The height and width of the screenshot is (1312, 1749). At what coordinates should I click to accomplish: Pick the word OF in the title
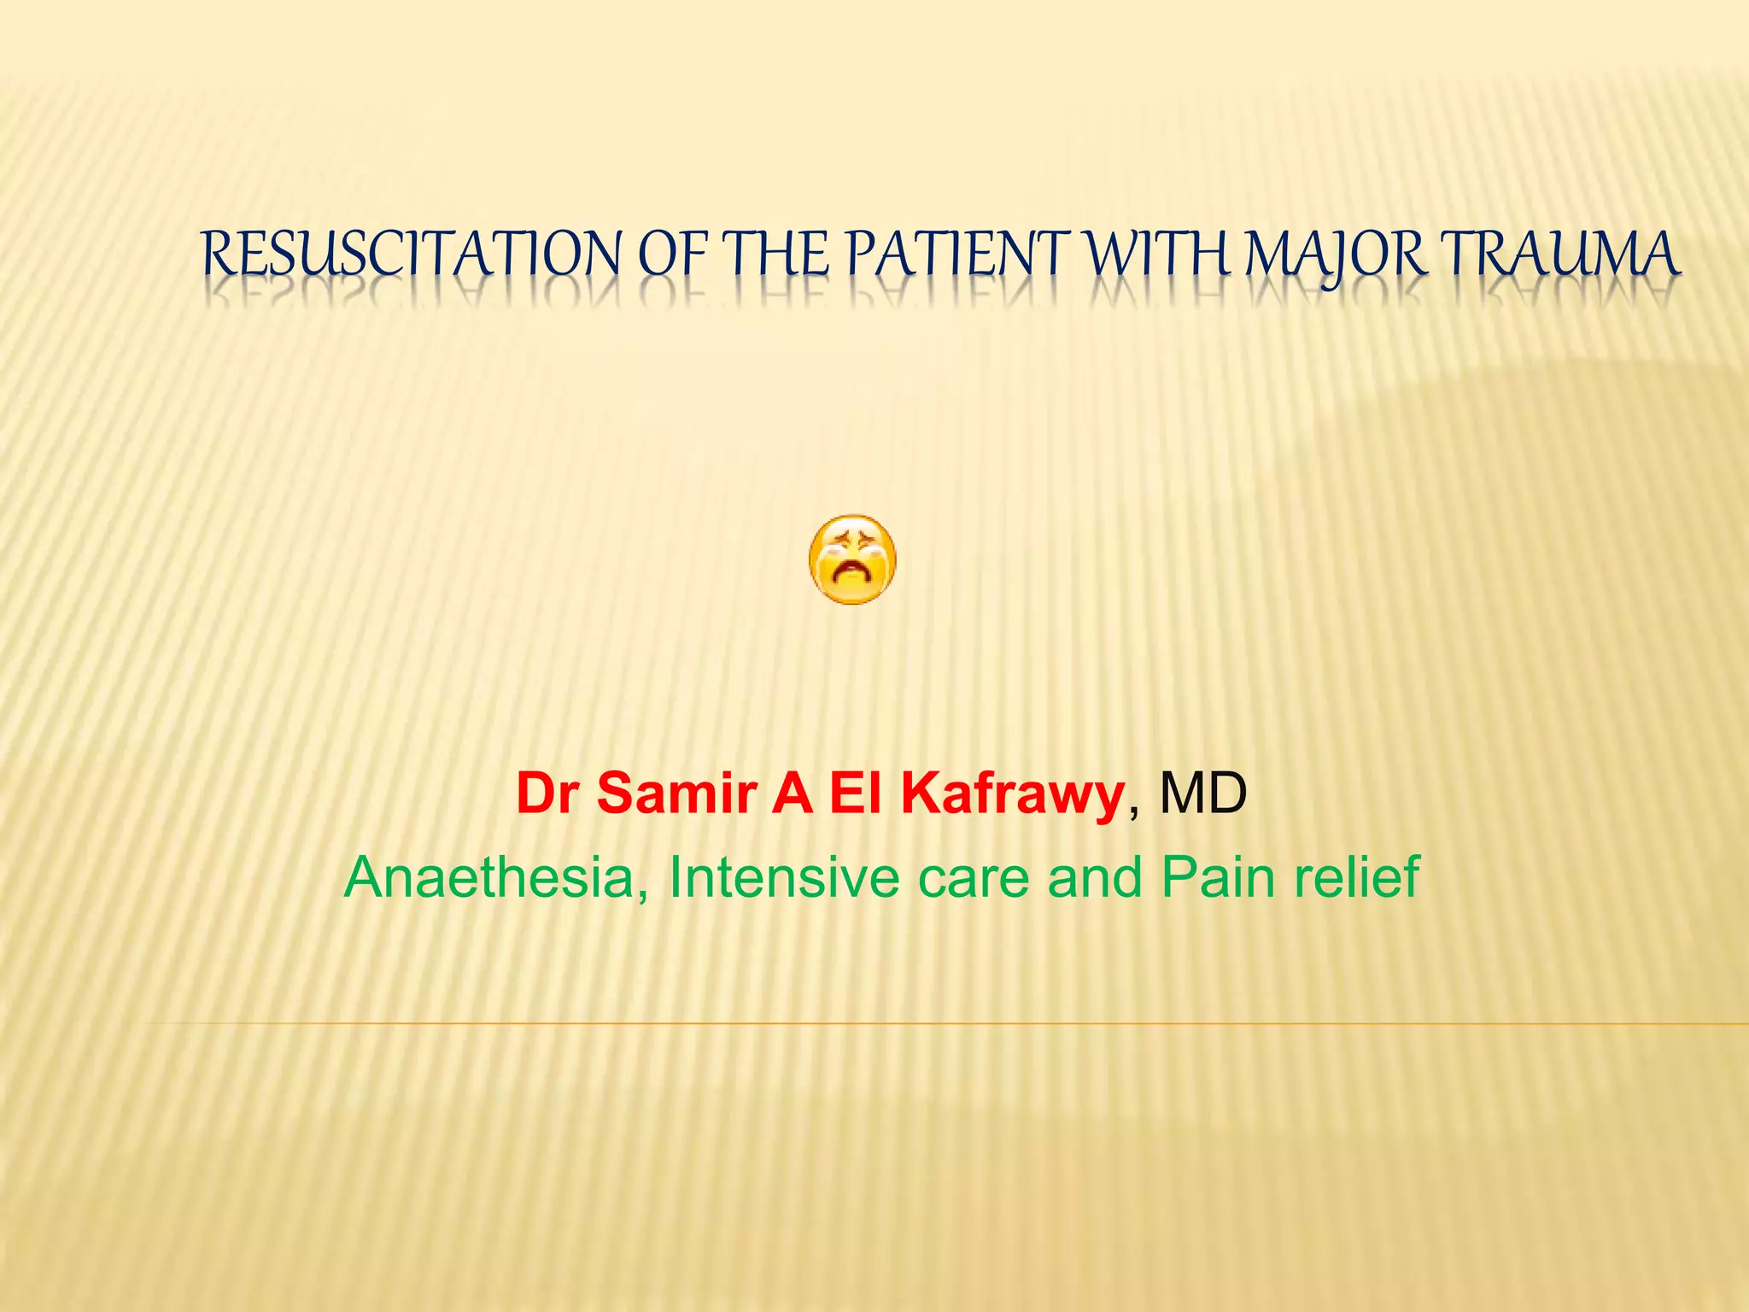674,255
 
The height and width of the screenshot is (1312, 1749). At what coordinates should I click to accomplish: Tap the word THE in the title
776,255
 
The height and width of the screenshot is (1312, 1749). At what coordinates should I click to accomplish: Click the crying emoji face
851,559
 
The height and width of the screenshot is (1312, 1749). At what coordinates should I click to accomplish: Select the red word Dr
550,794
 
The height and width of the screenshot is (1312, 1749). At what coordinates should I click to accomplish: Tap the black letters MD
1202,794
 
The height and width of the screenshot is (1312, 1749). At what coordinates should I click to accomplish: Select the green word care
973,877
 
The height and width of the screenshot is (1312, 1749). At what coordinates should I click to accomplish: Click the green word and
1094,877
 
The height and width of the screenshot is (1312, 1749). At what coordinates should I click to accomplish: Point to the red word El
856,794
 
